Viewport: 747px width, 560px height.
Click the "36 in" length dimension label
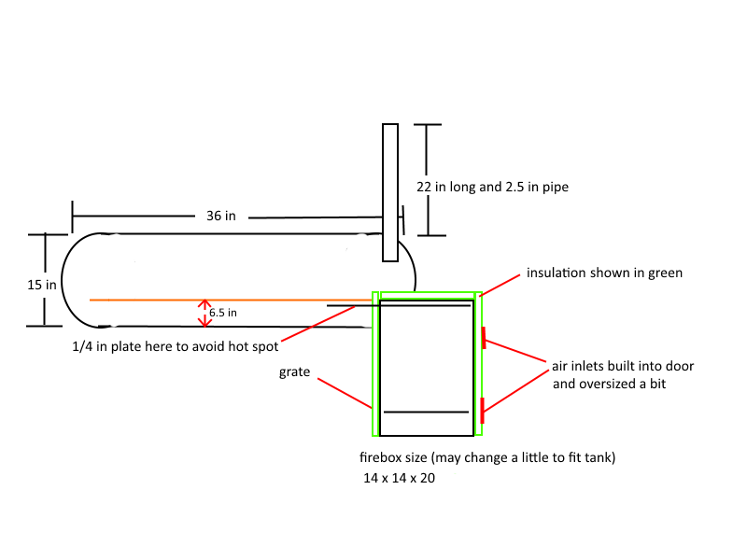point(220,216)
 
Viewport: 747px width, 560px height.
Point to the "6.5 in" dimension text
point(222,313)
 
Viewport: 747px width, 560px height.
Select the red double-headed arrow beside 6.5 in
point(204,314)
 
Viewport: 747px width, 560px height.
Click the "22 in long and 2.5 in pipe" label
point(492,187)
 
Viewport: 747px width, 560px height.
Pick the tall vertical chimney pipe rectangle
point(390,191)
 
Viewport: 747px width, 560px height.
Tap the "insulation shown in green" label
point(604,273)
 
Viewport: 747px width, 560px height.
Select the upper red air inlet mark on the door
point(483,337)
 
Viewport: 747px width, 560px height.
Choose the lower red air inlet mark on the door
point(483,407)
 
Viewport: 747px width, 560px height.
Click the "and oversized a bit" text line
point(609,384)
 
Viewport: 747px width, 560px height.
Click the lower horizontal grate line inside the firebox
point(426,412)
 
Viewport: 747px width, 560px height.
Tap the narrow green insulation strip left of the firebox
point(375,364)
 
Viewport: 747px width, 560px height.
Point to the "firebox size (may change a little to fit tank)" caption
point(486,458)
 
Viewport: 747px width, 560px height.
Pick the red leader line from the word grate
point(344,393)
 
